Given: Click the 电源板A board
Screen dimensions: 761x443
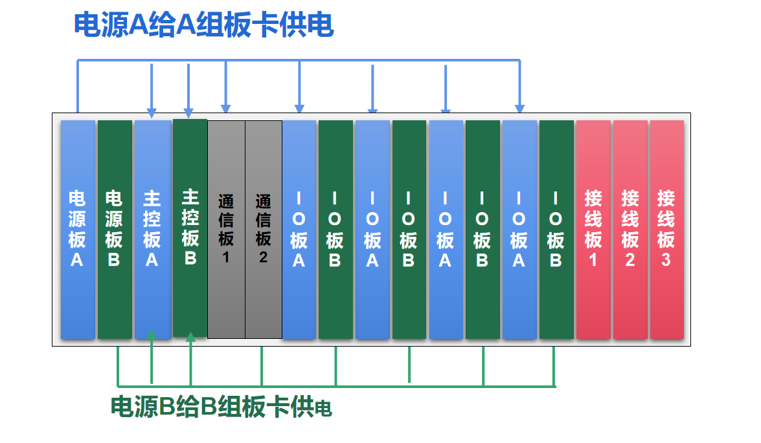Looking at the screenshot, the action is tap(78, 229).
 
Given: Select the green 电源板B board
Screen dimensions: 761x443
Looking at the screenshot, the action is tap(115, 229).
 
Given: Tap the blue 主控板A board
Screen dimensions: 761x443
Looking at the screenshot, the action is tap(152, 229).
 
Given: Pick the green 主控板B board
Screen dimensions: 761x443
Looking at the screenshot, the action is tap(190, 228).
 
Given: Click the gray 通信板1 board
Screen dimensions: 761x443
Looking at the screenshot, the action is tap(226, 229).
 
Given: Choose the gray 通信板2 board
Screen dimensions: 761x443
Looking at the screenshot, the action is tap(264, 229).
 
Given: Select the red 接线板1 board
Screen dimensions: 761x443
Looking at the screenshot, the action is tap(593, 229).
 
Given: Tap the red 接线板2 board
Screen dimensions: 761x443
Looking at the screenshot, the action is tap(630, 229).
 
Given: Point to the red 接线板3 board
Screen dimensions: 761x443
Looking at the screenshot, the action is tap(667, 229).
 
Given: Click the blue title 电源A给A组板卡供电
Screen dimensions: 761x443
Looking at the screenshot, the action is tap(204, 25).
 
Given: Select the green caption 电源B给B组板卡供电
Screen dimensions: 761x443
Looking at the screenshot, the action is tap(221, 406).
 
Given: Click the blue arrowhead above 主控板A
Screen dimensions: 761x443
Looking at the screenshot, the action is tap(152, 113).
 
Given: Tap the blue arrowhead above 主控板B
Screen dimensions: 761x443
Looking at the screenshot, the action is tap(189, 113).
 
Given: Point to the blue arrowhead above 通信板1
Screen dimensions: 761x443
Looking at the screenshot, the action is tap(225, 109).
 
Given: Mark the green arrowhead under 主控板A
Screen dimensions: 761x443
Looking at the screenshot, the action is tap(152, 335).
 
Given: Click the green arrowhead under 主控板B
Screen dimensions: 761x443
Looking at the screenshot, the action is tap(190, 337).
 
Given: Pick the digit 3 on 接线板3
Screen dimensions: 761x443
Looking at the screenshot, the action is tap(666, 260).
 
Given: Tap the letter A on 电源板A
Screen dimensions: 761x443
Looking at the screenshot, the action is tap(76, 260).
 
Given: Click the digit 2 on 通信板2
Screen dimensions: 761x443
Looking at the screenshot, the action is tap(263, 257).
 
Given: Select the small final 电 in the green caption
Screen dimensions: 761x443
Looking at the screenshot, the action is tap(323, 409).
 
